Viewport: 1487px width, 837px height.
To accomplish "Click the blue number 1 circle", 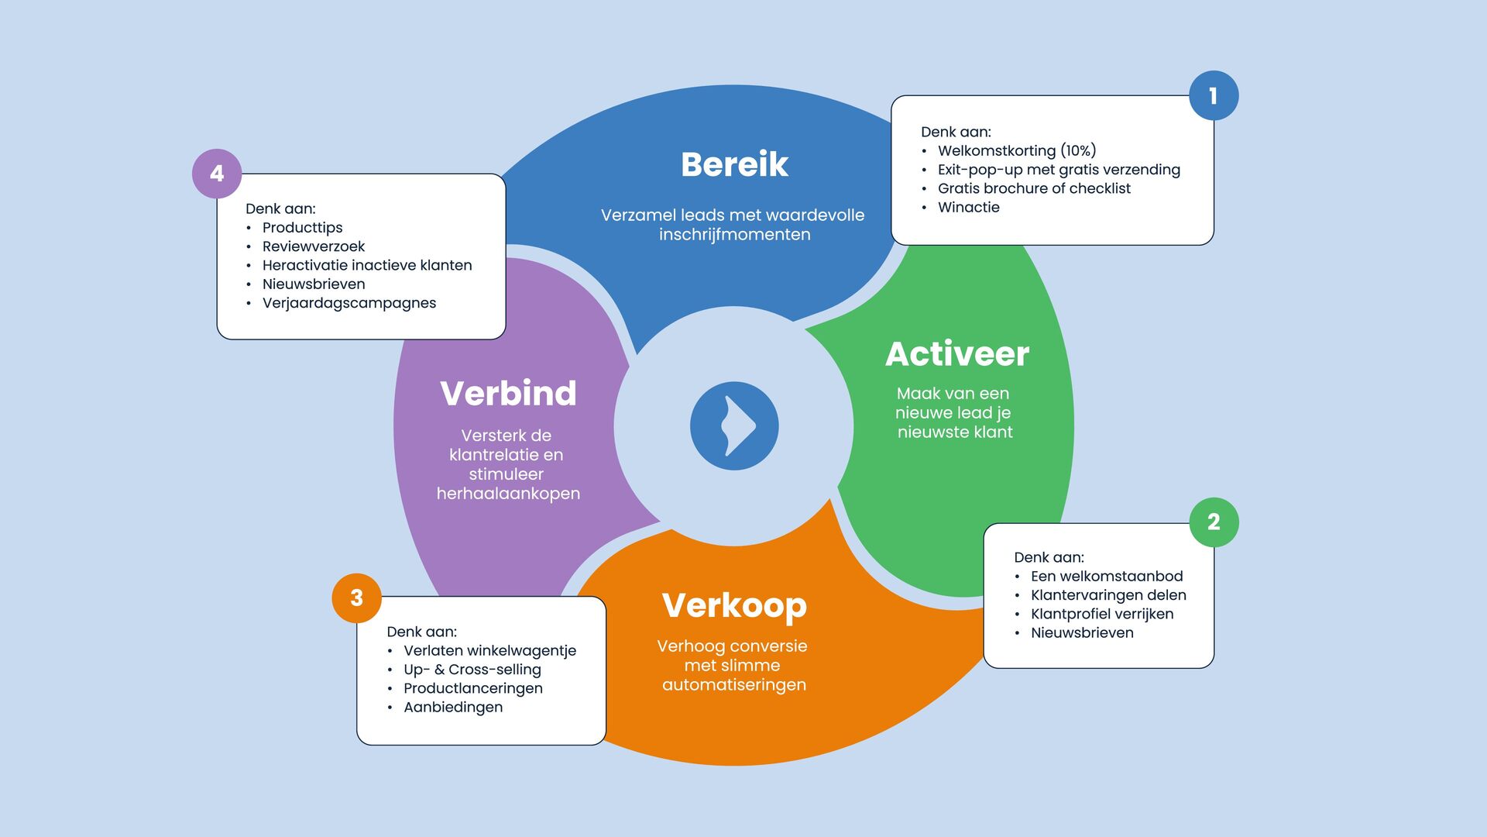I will (1213, 96).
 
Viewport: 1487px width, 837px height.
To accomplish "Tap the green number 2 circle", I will (1213, 522).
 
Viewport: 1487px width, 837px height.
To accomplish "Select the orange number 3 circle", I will (356, 598).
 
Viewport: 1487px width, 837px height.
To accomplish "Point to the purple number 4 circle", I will (217, 174).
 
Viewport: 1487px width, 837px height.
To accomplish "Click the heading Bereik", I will (734, 164).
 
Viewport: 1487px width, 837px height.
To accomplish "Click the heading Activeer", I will (957, 354).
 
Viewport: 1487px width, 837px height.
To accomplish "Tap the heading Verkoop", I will (734, 605).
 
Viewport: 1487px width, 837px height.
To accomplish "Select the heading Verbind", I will (508, 394).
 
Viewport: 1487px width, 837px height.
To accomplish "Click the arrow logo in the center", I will (734, 425).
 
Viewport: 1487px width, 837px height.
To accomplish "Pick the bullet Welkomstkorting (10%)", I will (1016, 150).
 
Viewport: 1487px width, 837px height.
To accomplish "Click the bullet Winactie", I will (968, 207).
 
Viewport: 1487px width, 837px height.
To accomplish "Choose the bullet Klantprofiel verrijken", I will (1101, 614).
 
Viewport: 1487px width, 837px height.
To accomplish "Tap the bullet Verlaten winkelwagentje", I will (489, 650).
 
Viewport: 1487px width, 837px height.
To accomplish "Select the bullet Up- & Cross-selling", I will (472, 669).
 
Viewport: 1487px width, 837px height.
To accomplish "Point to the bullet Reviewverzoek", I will (313, 246).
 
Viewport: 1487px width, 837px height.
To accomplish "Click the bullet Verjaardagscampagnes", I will (349, 303).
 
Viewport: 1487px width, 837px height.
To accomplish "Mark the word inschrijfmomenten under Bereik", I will (734, 234).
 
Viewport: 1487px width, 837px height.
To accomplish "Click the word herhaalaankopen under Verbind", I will (508, 494).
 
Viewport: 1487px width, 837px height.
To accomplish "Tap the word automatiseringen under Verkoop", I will (734, 684).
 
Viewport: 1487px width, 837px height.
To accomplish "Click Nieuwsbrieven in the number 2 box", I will (1081, 632).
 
